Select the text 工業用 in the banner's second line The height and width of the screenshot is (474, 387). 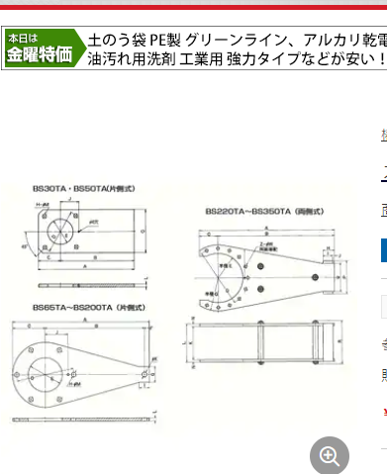click(x=201, y=59)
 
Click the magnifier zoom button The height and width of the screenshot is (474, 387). click(x=329, y=456)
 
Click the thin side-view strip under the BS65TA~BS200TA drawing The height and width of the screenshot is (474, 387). click(x=84, y=413)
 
